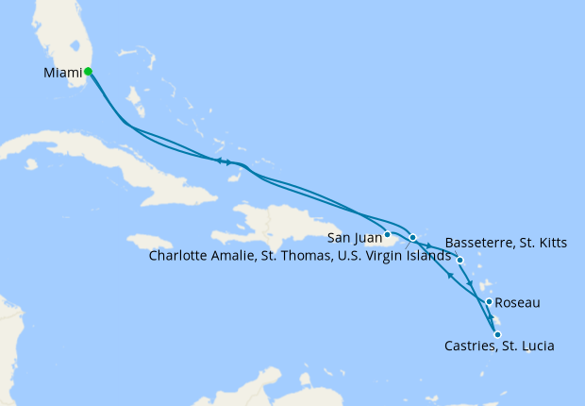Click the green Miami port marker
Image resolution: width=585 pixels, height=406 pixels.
pyautogui.click(x=88, y=71)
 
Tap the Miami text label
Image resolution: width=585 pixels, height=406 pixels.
pyautogui.click(x=62, y=72)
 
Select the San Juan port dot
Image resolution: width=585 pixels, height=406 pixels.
pyautogui.click(x=388, y=234)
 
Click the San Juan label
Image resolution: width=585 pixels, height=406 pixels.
pyautogui.click(x=354, y=236)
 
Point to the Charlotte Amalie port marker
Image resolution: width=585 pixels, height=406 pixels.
pyautogui.click(x=412, y=236)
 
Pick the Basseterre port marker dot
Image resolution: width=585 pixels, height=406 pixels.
pyautogui.click(x=460, y=260)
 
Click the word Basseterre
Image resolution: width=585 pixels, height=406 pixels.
pyautogui.click(x=480, y=243)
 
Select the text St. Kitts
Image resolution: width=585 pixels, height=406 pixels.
pyautogui.click(x=543, y=243)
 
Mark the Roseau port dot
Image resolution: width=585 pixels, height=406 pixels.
pyautogui.click(x=489, y=302)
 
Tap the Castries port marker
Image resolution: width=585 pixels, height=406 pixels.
pyautogui.click(x=497, y=333)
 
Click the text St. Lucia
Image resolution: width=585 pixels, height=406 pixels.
pyautogui.click(x=527, y=347)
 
